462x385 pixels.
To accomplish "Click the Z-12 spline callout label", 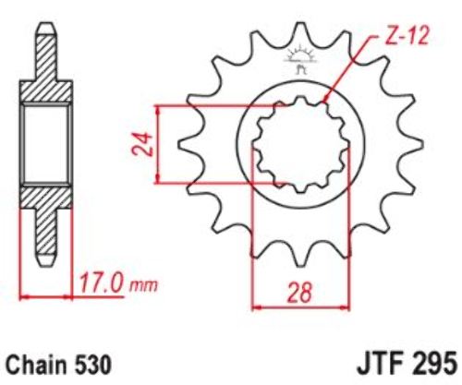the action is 407,37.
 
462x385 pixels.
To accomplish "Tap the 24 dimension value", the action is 142,144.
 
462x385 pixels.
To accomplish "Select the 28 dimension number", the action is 299,292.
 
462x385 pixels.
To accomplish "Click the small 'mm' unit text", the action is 143,286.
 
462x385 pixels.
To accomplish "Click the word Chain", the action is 36,365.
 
